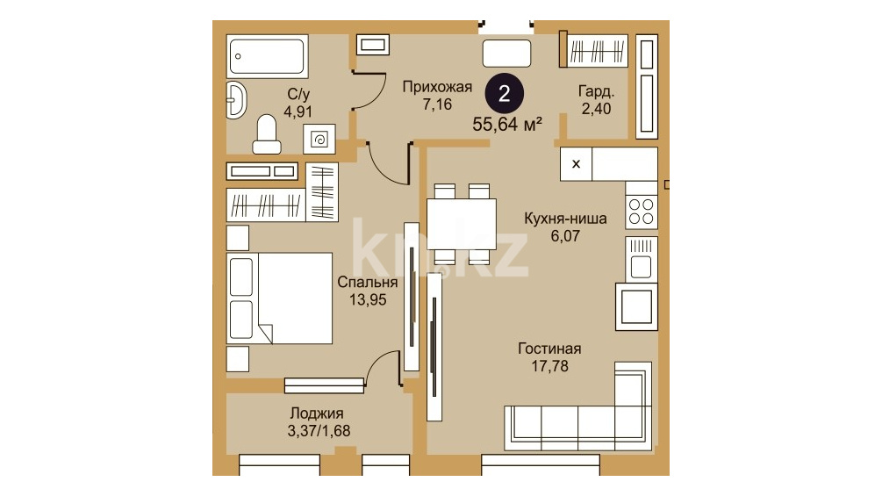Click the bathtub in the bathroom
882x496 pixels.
(x=267, y=55)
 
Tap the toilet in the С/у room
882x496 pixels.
(x=267, y=134)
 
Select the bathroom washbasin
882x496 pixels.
(x=236, y=100)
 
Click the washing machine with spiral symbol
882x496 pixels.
(x=319, y=139)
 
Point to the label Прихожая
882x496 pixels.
(x=437, y=87)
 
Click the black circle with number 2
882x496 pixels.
(x=505, y=94)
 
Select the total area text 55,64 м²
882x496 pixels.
(x=507, y=125)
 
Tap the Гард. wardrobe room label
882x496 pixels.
(x=596, y=91)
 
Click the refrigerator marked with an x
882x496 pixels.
(x=576, y=164)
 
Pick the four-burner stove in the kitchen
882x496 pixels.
(x=642, y=212)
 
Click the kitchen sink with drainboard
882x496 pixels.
(x=642, y=259)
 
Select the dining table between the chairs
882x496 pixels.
(x=462, y=224)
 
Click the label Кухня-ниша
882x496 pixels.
(x=565, y=219)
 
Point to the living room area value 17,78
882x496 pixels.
(x=550, y=366)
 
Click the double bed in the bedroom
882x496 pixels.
(x=280, y=298)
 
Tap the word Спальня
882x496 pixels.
(x=368, y=283)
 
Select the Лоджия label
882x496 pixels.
(x=317, y=413)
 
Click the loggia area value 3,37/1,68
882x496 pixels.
(x=319, y=431)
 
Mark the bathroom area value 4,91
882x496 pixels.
(x=298, y=111)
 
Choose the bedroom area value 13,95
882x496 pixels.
(x=368, y=299)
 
